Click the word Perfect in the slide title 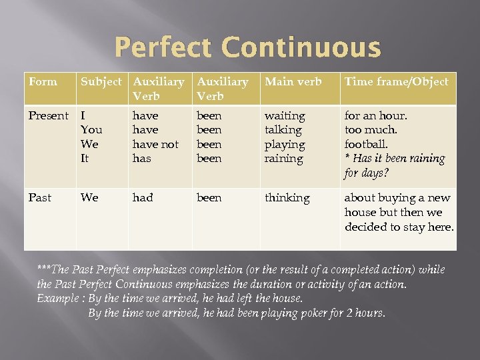pyautogui.click(x=162, y=48)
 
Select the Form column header pyautogui.click(x=43, y=82)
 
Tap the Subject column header pyautogui.click(x=101, y=82)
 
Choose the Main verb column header pyautogui.click(x=293, y=82)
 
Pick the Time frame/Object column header pyautogui.click(x=396, y=82)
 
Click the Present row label pyautogui.click(x=49, y=116)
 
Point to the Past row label pyautogui.click(x=40, y=198)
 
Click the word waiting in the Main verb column pyautogui.click(x=285, y=116)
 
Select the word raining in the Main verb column pyautogui.click(x=284, y=159)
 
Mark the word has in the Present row pyautogui.click(x=142, y=159)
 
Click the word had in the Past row pyautogui.click(x=143, y=198)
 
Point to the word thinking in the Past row pyautogui.click(x=287, y=198)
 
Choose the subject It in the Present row pyautogui.click(x=85, y=159)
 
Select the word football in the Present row pyautogui.click(x=365, y=145)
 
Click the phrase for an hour pyautogui.click(x=375, y=116)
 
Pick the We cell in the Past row pyautogui.click(x=89, y=198)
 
